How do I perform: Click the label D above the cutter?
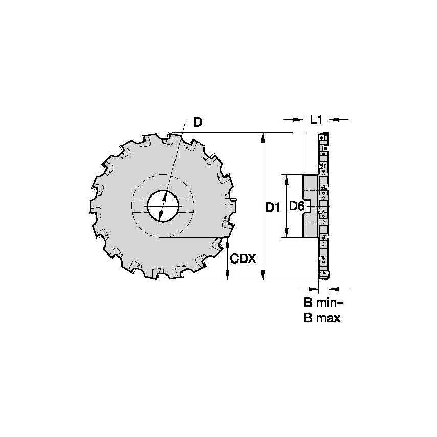(197, 122)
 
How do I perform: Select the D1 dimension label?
(272, 207)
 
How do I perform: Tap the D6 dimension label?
(297, 206)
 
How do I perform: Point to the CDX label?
(243, 258)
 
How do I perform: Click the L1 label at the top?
(316, 120)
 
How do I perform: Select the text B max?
(322, 318)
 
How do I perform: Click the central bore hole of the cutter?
(163, 206)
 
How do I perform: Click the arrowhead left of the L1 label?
(298, 120)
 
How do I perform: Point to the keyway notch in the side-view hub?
(305, 206)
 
